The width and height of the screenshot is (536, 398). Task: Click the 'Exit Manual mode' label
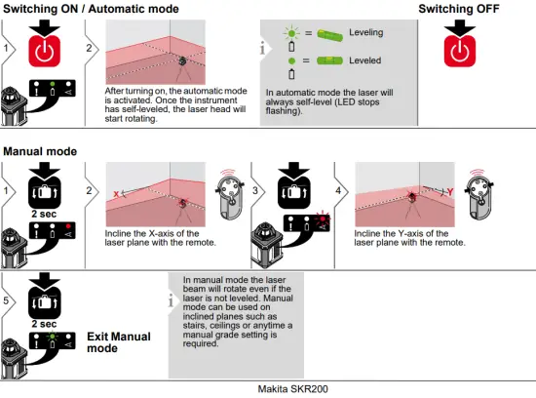pos(119,342)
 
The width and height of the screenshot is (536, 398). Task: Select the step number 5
pos(7,300)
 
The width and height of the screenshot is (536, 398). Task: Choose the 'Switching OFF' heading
pos(461,9)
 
